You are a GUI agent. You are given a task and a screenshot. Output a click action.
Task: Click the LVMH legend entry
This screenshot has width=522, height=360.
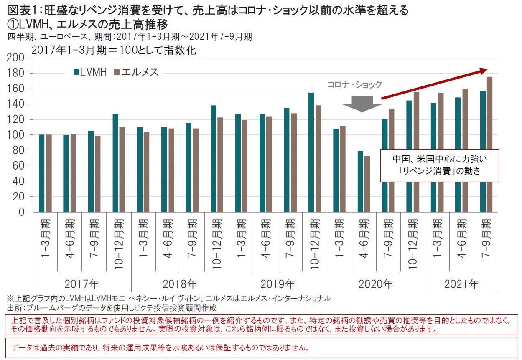(x=90, y=72)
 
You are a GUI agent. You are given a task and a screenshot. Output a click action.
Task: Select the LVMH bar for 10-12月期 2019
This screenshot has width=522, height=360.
(x=311, y=152)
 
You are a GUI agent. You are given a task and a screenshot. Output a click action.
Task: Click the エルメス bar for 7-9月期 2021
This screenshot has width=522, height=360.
(x=490, y=144)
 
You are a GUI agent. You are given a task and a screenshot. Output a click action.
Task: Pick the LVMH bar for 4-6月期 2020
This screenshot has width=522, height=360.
(x=360, y=181)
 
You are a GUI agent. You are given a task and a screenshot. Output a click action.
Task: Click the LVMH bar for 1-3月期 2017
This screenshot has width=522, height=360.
(x=41, y=173)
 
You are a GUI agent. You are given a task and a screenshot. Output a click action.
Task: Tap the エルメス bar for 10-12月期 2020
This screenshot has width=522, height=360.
(x=416, y=152)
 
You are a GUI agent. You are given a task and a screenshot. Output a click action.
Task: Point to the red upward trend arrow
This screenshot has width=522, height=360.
(x=435, y=84)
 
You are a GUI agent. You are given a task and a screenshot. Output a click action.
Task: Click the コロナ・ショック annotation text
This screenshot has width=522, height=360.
(x=354, y=85)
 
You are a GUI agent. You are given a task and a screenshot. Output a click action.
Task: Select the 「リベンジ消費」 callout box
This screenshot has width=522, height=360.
(x=439, y=165)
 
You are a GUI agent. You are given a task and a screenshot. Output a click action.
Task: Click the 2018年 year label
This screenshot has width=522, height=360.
(x=180, y=285)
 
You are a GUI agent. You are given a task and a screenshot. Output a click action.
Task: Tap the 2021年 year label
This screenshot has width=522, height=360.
(x=461, y=285)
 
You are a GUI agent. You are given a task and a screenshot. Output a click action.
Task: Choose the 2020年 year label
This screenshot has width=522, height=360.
(x=375, y=285)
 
